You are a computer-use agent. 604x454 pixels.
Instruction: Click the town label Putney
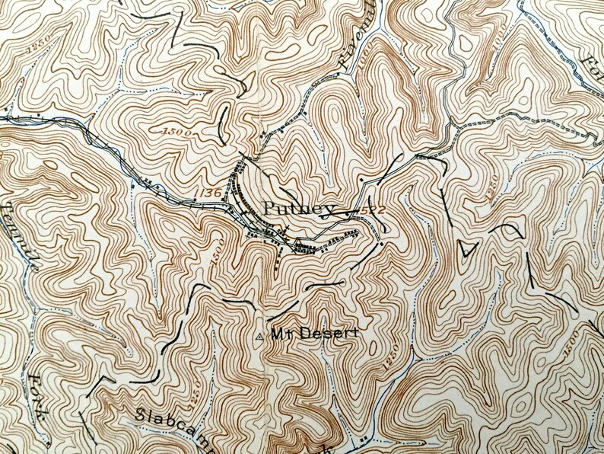tap(298, 209)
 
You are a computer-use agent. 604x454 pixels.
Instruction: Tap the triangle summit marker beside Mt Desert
tap(262, 335)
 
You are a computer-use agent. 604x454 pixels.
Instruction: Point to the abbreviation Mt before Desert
tap(278, 334)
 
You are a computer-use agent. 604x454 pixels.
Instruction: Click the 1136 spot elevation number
tap(211, 193)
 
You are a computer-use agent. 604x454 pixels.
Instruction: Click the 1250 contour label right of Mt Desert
tap(389, 352)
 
